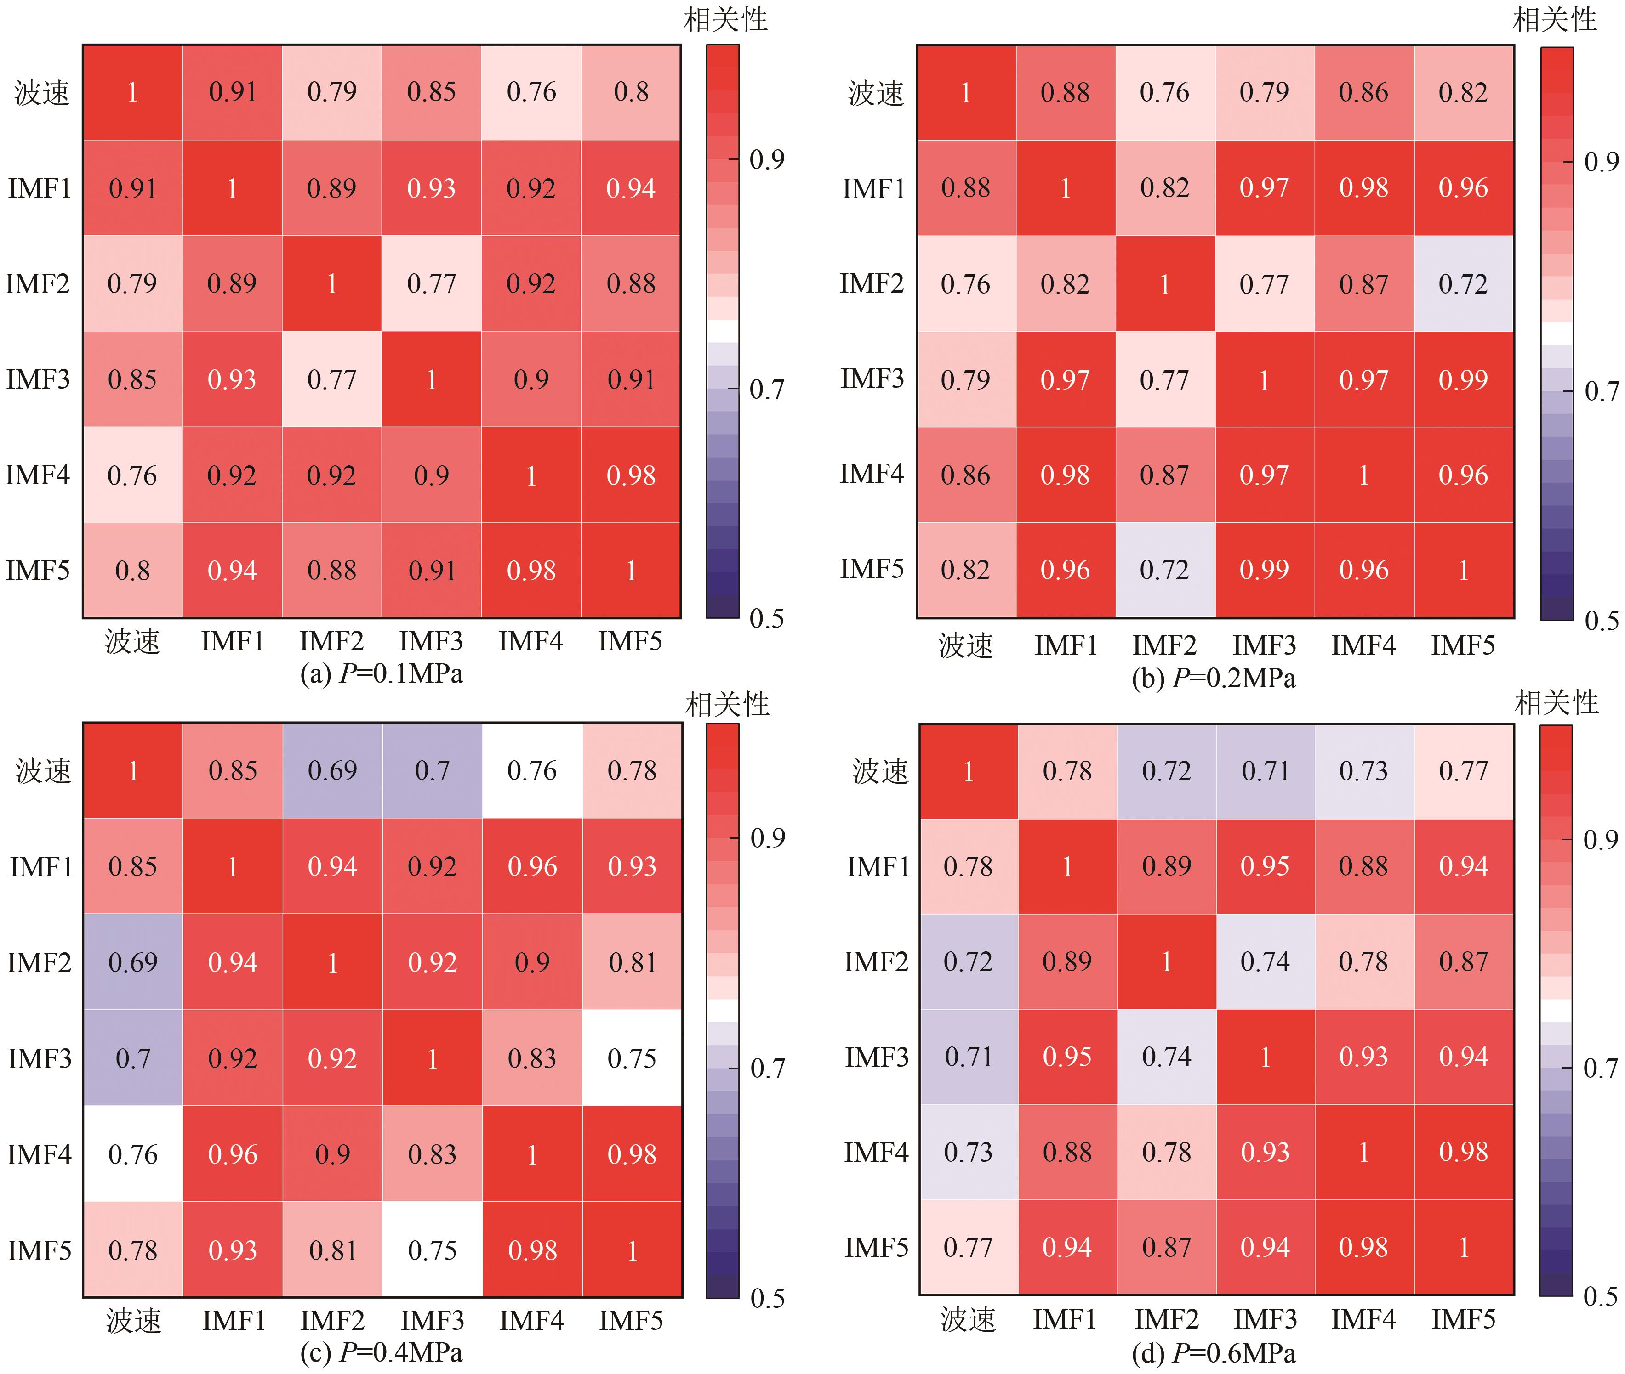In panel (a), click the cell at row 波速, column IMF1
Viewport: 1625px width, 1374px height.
[x=232, y=92]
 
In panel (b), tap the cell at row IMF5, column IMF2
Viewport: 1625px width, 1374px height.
[x=1164, y=570]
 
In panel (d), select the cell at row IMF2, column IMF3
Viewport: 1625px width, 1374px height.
[x=1265, y=962]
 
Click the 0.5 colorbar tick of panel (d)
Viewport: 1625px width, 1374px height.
[x=1600, y=1296]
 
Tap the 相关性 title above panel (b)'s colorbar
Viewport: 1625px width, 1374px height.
[x=1555, y=19]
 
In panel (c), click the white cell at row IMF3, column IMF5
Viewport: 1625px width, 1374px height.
[x=632, y=1058]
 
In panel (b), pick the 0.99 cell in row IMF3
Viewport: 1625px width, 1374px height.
[x=1463, y=379]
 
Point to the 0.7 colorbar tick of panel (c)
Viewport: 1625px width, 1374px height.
[x=767, y=1068]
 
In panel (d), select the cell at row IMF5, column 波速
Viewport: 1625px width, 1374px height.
[x=968, y=1248]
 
